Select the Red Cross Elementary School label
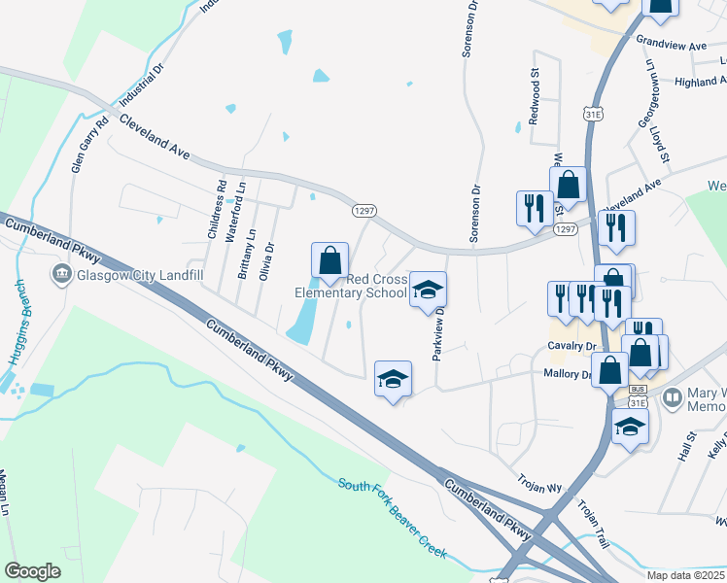pos(352,287)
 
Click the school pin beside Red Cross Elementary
pos(428,291)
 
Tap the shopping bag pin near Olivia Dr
pos(329,260)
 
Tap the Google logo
pos(33,570)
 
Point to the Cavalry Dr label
pos(571,346)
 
